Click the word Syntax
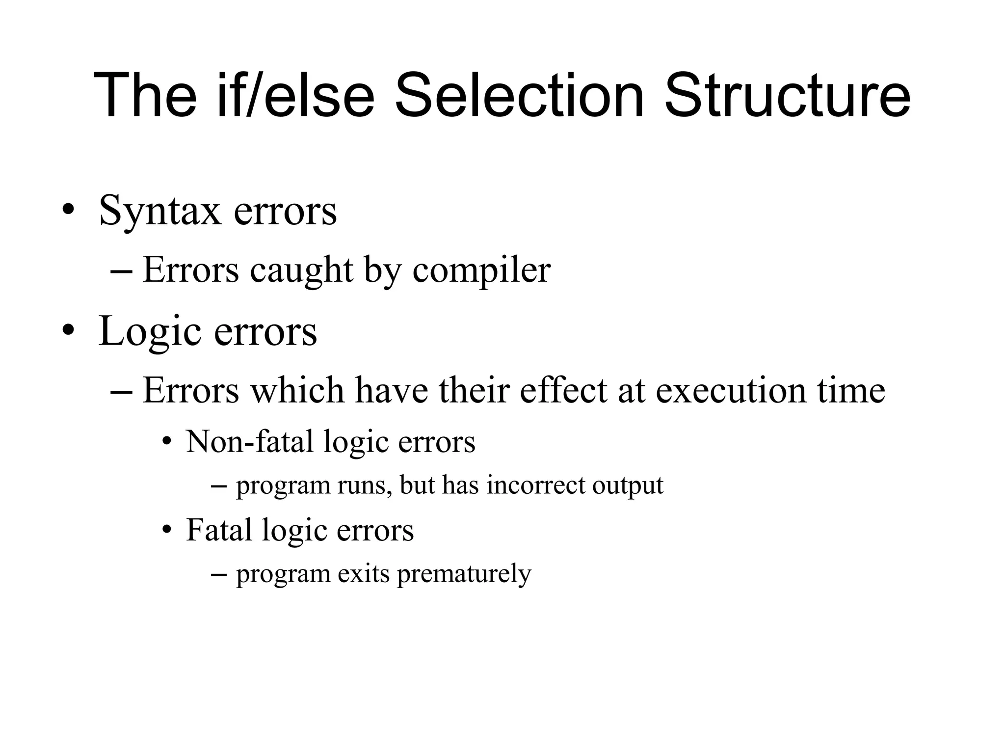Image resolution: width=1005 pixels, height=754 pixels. [160, 211]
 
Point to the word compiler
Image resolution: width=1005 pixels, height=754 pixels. [481, 270]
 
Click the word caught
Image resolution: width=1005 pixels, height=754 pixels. [301, 270]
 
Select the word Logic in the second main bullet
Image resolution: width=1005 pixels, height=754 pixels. [150, 332]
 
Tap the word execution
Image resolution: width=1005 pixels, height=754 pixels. [731, 391]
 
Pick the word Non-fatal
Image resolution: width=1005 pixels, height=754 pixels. [249, 441]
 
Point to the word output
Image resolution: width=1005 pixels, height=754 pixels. [628, 486]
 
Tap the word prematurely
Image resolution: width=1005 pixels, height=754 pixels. [464, 574]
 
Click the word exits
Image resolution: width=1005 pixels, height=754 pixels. [364, 573]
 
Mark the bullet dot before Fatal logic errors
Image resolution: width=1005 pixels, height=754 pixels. [167, 531]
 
